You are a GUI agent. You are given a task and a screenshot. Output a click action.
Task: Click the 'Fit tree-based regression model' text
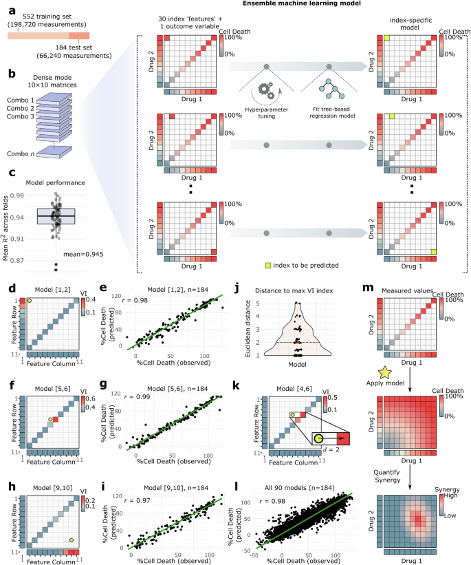click(x=328, y=111)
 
